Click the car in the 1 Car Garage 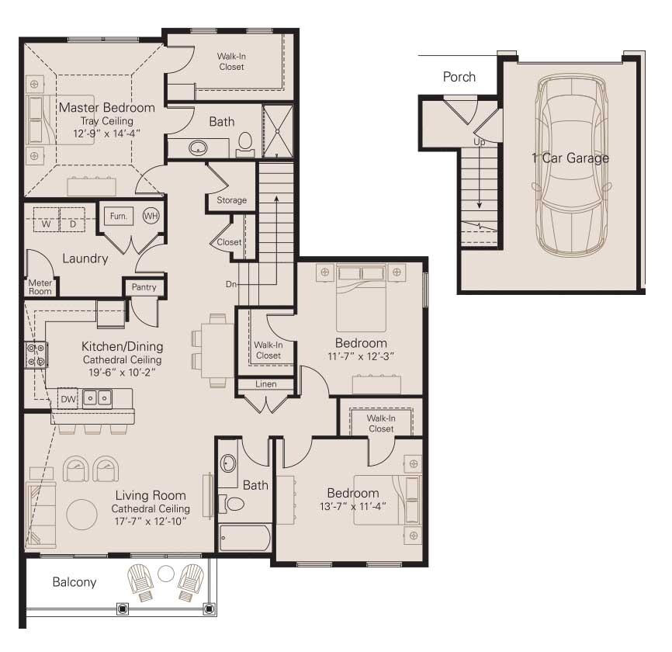[x=571, y=165]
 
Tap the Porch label [x=459, y=77]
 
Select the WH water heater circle [x=151, y=216]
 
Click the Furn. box [x=118, y=216]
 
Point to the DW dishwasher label [x=68, y=398]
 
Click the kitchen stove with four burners [x=35, y=355]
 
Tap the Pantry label [x=144, y=287]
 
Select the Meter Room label [x=40, y=287]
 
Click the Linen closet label [x=265, y=384]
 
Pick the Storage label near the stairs [x=231, y=200]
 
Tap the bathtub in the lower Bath [x=244, y=538]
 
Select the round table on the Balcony [x=166, y=574]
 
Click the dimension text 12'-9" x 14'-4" [x=106, y=134]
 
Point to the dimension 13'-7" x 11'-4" [x=352, y=506]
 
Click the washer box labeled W [x=47, y=224]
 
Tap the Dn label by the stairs [x=230, y=284]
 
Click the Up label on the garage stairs [x=480, y=142]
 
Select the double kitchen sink [x=97, y=398]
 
